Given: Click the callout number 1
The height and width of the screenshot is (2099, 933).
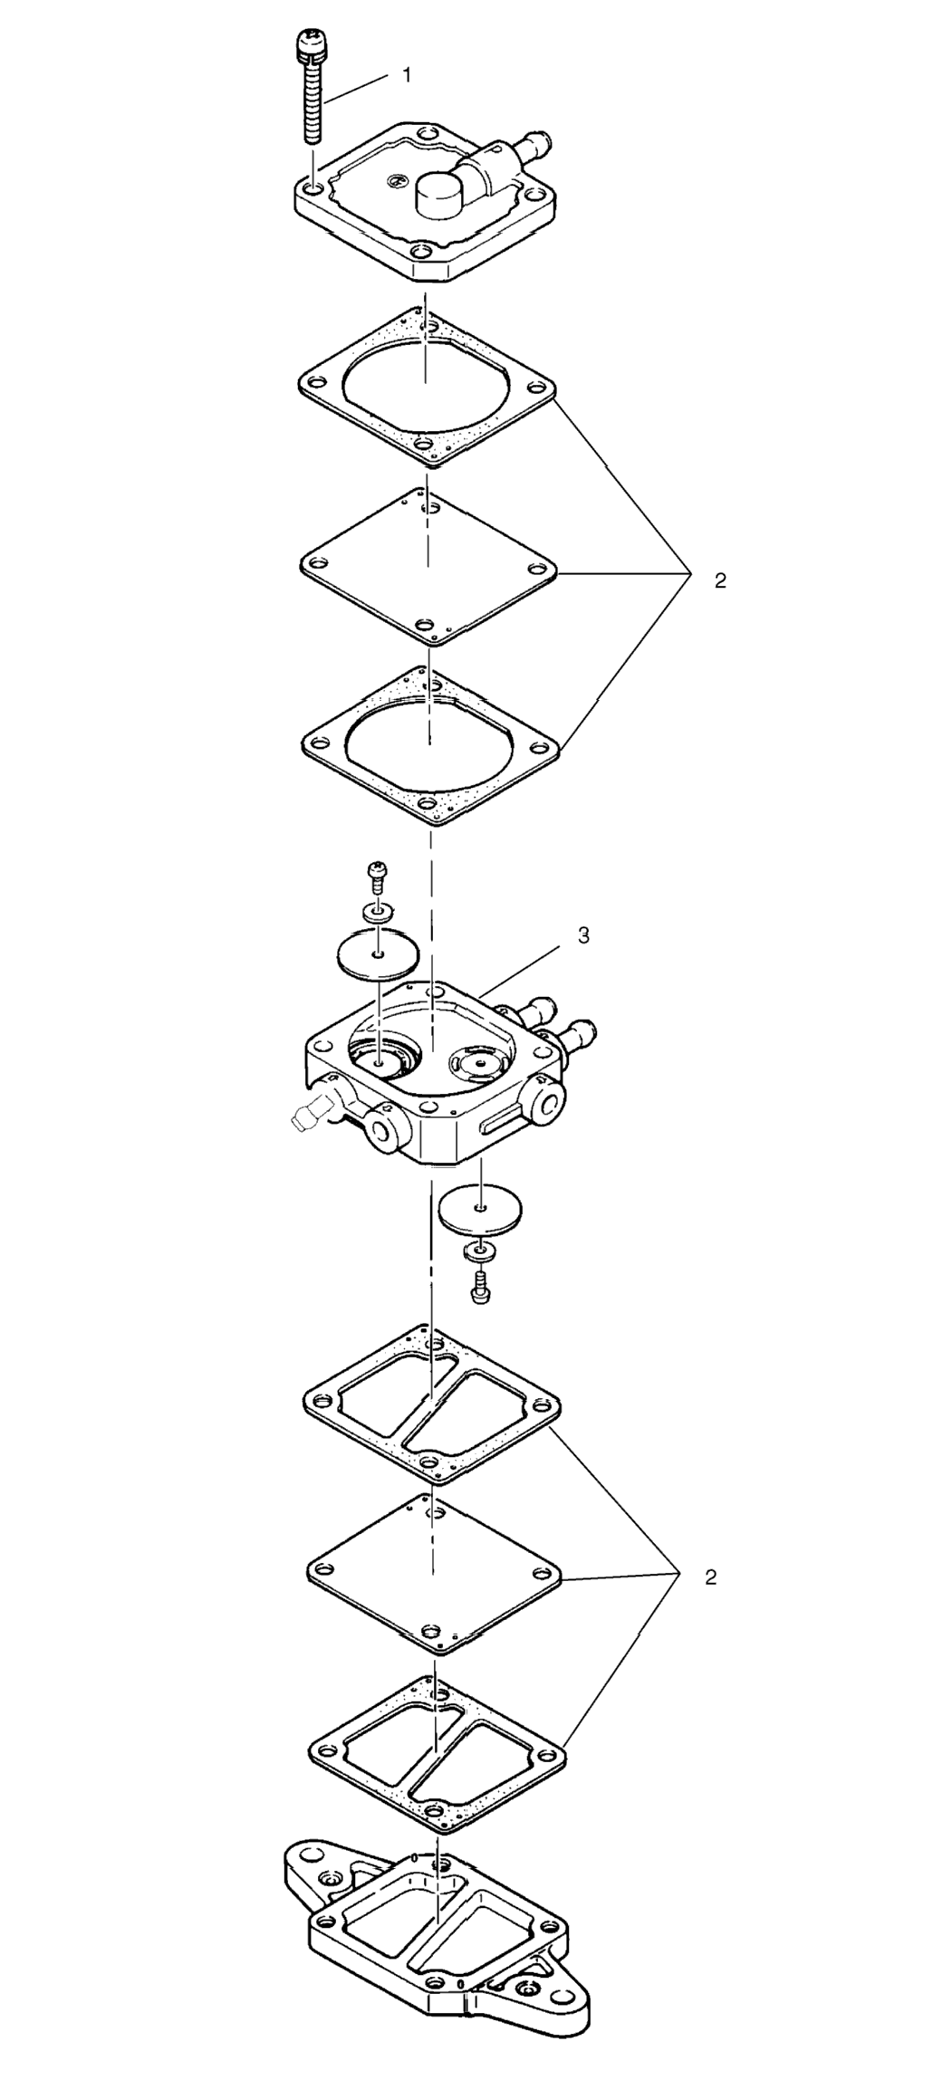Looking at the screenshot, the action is pos(407,76).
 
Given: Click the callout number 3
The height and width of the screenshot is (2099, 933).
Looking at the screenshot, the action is pos(584,936).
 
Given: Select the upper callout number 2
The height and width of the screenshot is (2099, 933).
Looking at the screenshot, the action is pos(720,581).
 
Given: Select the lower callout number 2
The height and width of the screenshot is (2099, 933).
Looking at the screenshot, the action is pos(711,1577).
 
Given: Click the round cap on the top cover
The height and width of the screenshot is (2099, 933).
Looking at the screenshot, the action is pos(439,192).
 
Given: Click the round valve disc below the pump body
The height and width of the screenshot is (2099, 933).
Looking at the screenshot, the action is pos(483,1208).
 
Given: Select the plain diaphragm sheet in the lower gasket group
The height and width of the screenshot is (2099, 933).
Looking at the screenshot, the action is pos(435,1572).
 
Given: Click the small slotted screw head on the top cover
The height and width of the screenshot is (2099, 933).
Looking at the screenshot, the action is pos(394,182).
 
